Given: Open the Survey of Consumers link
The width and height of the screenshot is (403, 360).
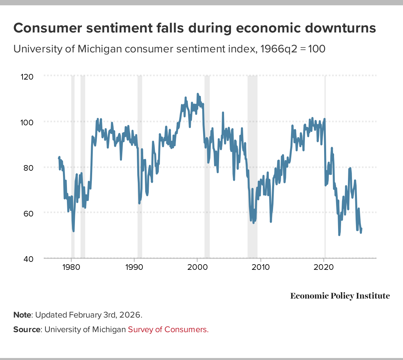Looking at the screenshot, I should click(x=168, y=330).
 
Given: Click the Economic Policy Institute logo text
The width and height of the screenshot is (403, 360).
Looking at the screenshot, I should click(x=340, y=296).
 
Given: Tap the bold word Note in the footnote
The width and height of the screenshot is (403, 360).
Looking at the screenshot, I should click(x=22, y=315).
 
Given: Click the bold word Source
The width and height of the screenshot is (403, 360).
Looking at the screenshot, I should click(x=27, y=330).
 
